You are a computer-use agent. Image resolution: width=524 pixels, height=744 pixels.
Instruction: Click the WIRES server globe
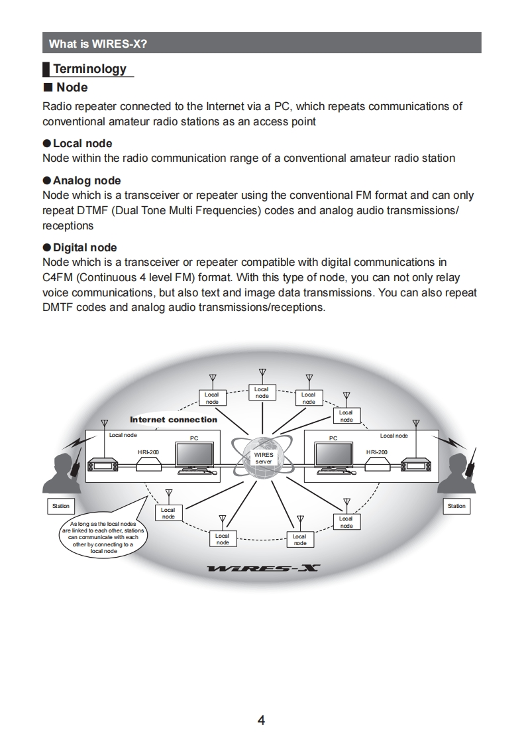point(263,458)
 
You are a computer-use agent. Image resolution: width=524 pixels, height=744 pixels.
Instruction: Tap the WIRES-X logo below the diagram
point(263,568)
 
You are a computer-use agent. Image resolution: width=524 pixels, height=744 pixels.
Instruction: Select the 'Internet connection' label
point(174,420)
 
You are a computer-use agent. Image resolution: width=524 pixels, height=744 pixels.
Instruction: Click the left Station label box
point(60,506)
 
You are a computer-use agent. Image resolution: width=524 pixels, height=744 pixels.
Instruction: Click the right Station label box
point(456,506)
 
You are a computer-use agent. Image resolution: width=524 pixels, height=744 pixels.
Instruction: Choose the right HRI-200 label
point(377,452)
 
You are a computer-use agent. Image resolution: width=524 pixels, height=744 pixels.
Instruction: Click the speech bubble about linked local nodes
point(104,536)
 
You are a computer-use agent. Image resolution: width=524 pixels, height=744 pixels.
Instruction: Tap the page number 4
point(261,720)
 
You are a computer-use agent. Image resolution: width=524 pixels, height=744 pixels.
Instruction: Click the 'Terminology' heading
point(89,69)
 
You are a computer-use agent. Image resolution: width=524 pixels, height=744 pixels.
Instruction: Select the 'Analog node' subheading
point(87,180)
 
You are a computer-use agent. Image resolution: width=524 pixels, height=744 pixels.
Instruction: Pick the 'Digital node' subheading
point(85,247)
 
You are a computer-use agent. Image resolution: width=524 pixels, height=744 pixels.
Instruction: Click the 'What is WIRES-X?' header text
point(98,44)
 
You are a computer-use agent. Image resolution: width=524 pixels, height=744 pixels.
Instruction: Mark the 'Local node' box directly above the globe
point(262,393)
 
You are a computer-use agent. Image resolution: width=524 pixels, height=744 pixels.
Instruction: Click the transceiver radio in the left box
point(103,466)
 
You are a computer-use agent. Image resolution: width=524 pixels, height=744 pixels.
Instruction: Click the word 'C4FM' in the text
point(57,277)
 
